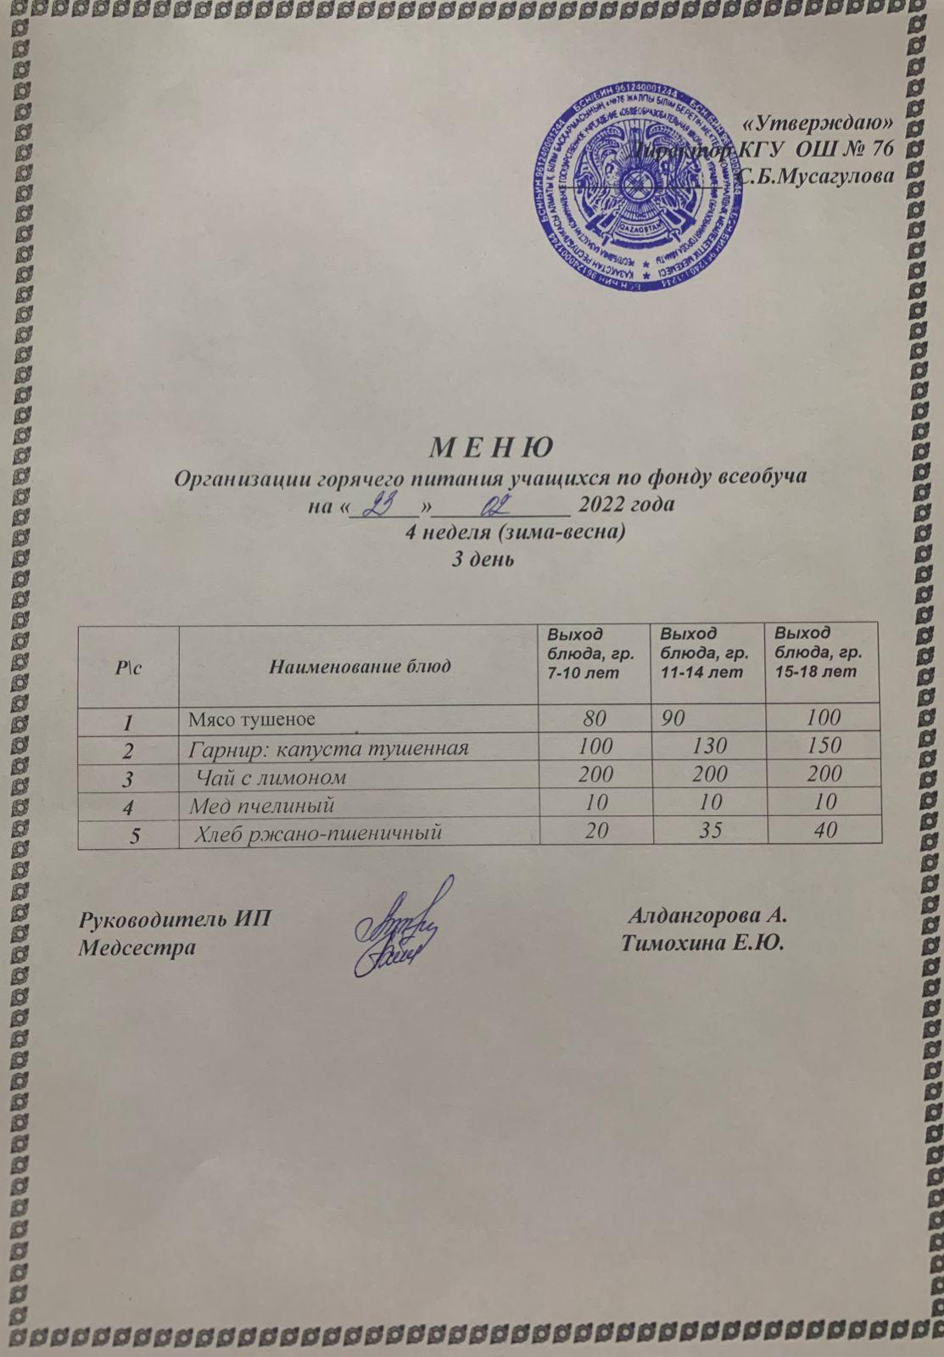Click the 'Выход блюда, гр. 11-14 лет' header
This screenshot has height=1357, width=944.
702,652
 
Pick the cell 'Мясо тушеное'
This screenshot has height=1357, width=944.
252,720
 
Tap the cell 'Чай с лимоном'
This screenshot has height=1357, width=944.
271,775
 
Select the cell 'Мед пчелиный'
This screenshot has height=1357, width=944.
260,803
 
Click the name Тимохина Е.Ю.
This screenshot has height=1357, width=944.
702,943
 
